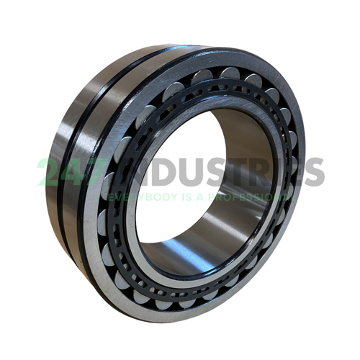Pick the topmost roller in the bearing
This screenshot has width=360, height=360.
229,72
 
